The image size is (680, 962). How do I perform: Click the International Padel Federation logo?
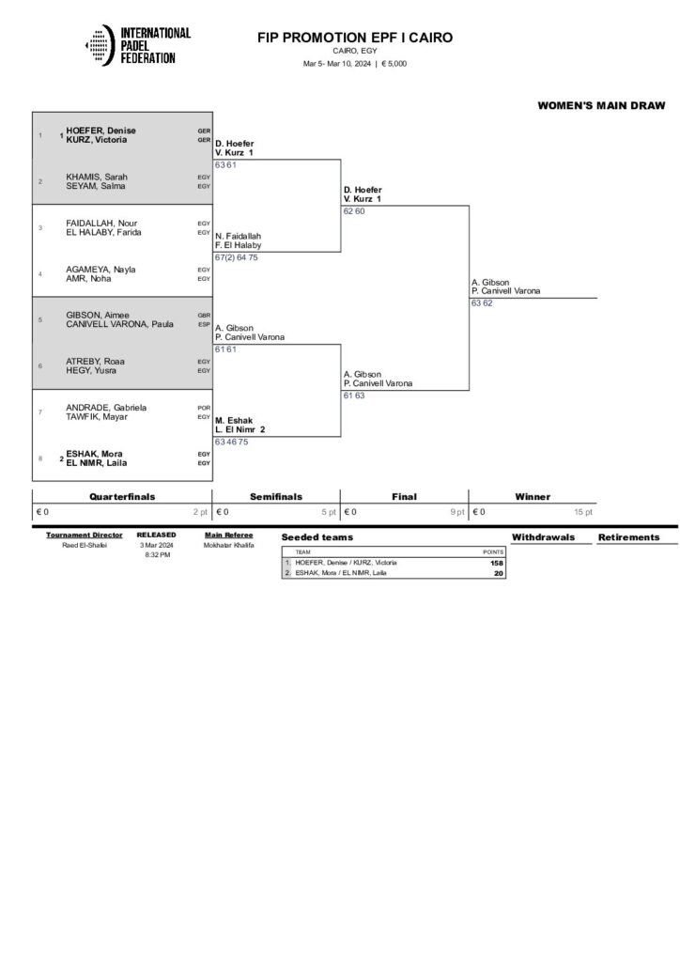[x=137, y=46]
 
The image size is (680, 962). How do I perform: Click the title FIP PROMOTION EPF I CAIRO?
[x=355, y=38]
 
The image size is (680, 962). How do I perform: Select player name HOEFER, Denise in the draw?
[x=101, y=131]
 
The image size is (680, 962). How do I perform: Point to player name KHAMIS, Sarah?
[x=97, y=177]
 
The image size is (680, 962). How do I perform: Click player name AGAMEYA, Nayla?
[x=100, y=269]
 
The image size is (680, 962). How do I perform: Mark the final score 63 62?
[x=482, y=303]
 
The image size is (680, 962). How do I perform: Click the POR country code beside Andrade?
[x=203, y=408]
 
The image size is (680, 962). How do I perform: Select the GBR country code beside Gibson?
[x=203, y=316]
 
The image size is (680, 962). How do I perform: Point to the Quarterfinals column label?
[x=122, y=497]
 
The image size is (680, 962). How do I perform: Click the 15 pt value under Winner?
[x=583, y=512]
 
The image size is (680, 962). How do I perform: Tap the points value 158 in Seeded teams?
[x=497, y=563]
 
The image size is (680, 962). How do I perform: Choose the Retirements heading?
[x=628, y=537]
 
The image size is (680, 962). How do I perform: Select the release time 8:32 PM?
[x=156, y=555]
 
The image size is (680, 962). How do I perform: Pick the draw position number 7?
[x=40, y=412]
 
